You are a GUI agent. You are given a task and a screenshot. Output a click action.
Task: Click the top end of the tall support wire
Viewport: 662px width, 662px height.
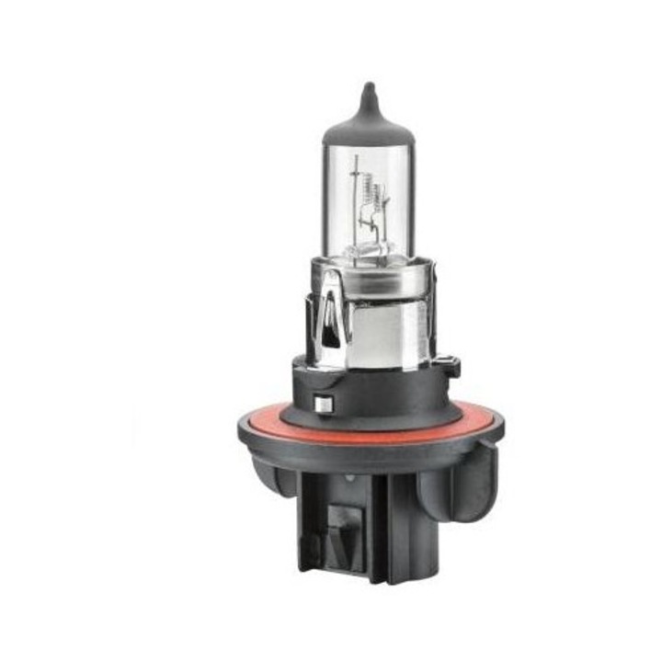pos(356,159)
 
